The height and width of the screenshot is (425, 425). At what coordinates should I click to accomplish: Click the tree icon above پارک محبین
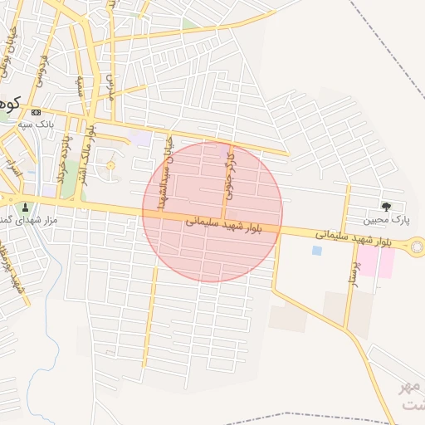[x=386, y=206]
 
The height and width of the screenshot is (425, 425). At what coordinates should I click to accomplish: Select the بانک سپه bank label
[x=37, y=124]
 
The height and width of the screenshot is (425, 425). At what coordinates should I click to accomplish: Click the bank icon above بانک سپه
[x=35, y=112]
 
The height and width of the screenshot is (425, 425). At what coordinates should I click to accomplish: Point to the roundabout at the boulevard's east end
[x=414, y=246]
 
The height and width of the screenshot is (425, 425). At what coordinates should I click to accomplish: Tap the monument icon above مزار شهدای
[x=26, y=208]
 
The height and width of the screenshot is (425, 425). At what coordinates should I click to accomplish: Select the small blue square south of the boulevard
[x=316, y=250]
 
